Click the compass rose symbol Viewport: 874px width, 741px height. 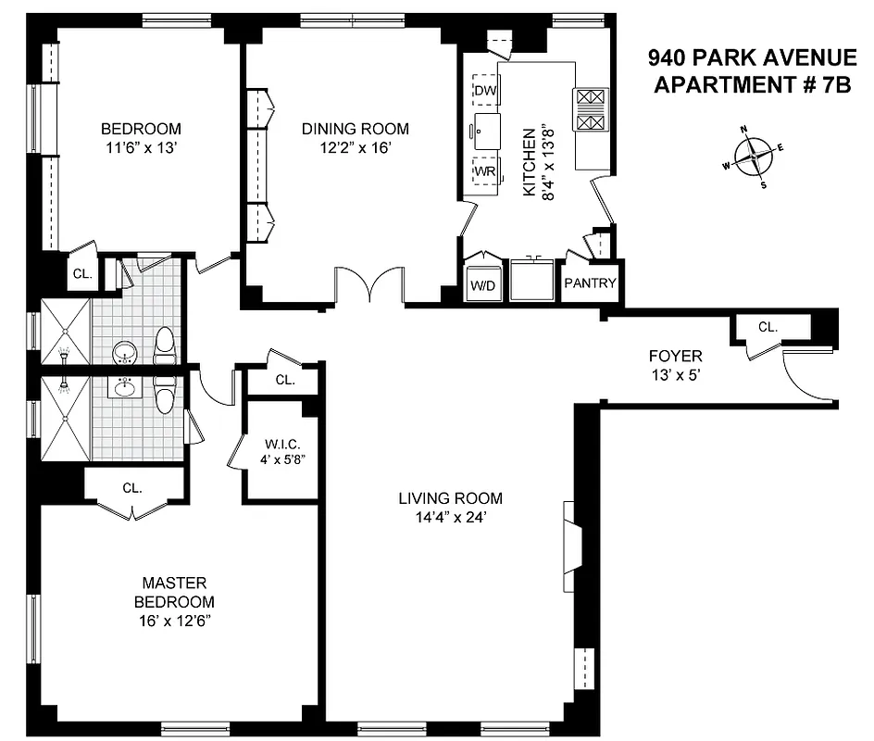(757, 157)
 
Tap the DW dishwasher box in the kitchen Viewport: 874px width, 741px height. (484, 90)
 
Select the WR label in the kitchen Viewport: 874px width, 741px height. (484, 171)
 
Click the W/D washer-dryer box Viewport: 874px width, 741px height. (483, 285)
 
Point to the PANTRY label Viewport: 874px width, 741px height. (590, 283)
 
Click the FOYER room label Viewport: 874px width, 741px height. (675, 356)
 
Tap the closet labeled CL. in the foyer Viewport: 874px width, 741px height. (768, 327)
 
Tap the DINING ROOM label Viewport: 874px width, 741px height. (355, 129)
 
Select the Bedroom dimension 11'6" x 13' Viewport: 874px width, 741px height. (141, 146)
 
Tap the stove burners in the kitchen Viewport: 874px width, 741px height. (591, 109)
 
